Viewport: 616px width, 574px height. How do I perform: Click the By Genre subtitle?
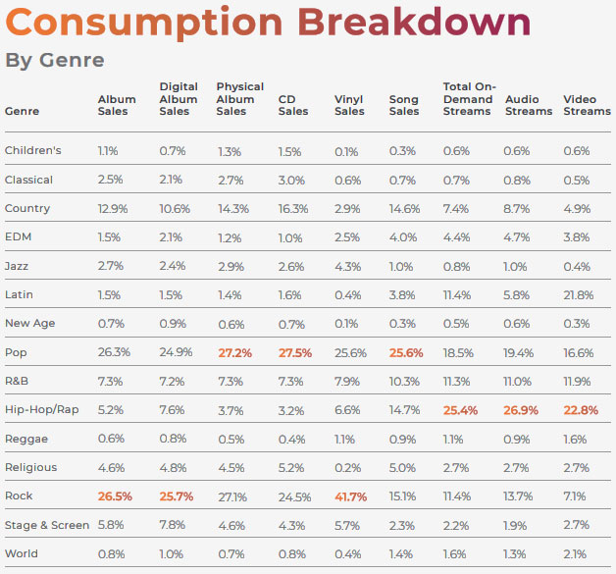[x=55, y=60]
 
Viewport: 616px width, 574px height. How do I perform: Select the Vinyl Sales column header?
[x=349, y=105]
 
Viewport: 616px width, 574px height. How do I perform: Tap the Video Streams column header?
[x=586, y=105]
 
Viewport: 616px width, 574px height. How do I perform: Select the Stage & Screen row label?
[x=47, y=525]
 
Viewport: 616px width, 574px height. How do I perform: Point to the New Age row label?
[x=29, y=324]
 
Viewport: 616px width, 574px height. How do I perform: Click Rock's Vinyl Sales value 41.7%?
[x=350, y=496]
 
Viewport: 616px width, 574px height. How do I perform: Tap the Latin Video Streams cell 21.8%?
[x=578, y=295]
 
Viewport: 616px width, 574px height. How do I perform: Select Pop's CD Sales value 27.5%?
[x=294, y=352]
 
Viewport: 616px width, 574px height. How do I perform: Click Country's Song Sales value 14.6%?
[x=405, y=209]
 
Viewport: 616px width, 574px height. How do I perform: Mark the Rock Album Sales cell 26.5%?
[x=115, y=496]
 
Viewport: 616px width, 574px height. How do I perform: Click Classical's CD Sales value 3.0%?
[x=291, y=180]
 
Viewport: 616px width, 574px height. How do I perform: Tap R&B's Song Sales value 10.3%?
[x=405, y=382]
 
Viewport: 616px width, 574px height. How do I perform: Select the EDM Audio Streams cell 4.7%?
[x=517, y=237]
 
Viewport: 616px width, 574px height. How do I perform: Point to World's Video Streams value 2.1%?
[x=575, y=553]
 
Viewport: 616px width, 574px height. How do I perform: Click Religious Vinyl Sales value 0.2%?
[x=347, y=468]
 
